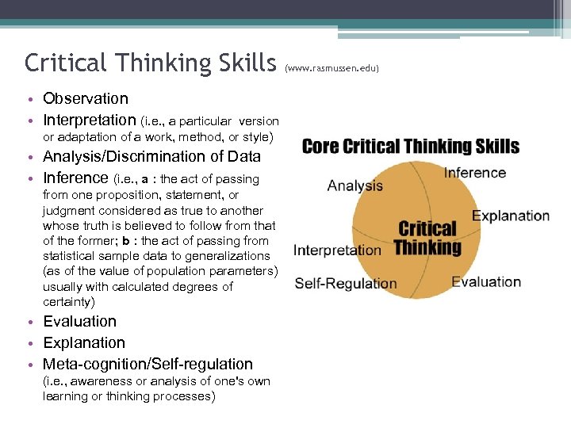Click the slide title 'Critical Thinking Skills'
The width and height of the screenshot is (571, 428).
pos(149,62)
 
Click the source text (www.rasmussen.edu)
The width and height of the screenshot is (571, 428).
pos(333,68)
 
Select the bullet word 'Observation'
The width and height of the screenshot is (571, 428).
pos(86,98)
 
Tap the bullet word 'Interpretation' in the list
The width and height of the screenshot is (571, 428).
pos(90,120)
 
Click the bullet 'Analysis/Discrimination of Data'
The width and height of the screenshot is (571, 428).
pos(152,156)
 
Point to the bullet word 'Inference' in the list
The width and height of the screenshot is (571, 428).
pos(75,178)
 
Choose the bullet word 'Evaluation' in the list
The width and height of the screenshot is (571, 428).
pos(79,321)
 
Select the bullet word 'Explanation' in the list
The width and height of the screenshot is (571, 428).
pos(84,342)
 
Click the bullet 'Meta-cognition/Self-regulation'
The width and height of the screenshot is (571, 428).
pos(148,364)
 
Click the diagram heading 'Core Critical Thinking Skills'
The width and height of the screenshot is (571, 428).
pos(411,147)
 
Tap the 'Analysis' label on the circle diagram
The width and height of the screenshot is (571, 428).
pos(355,185)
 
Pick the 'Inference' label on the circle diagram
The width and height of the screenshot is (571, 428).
pos(475,173)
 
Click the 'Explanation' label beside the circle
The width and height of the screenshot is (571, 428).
pos(511,216)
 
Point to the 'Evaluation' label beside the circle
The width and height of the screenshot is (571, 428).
pos(486,281)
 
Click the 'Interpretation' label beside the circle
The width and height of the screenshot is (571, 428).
pos(338,250)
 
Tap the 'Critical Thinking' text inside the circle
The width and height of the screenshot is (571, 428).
pos(427,238)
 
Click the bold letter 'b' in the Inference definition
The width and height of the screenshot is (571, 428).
pos(125,241)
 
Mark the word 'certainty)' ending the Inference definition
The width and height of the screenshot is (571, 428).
pos(70,302)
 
